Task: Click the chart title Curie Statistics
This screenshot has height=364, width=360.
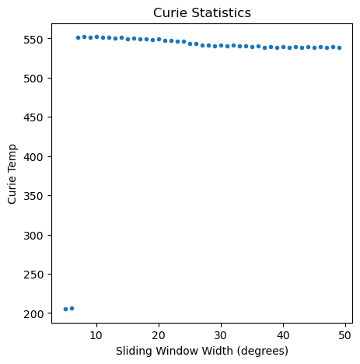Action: pyautogui.click(x=202, y=12)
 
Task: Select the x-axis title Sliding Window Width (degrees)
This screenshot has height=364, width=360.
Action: pyautogui.click(x=202, y=351)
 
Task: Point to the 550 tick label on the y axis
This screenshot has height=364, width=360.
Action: pyautogui.click(x=33, y=40)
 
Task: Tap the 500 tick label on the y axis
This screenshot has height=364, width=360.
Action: pyautogui.click(x=33, y=79)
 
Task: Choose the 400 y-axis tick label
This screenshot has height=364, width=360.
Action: pyautogui.click(x=33, y=157)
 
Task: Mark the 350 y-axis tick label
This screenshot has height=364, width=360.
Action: pyautogui.click(x=33, y=196)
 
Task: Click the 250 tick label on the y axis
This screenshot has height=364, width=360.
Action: pyautogui.click(x=33, y=275)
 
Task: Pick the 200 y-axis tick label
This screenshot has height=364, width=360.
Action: pyautogui.click(x=33, y=314)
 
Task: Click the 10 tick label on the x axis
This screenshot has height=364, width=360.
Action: pyautogui.click(x=96, y=335)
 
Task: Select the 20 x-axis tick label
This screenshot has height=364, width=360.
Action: pyautogui.click(x=159, y=335)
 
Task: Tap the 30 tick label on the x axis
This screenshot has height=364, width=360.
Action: pyautogui.click(x=221, y=335)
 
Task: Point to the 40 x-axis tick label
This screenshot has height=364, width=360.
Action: pyautogui.click(x=283, y=335)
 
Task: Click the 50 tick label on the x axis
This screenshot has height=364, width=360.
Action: pyautogui.click(x=345, y=335)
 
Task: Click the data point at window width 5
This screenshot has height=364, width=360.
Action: pyautogui.click(x=65, y=309)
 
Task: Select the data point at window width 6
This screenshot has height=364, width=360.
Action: pyautogui.click(x=72, y=308)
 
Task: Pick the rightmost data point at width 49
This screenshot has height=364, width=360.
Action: pyautogui.click(x=339, y=47)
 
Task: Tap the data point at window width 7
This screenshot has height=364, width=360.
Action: pyautogui.click(x=78, y=37)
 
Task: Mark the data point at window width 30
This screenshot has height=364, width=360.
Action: pyautogui.click(x=221, y=45)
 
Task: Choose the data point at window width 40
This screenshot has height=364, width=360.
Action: pyautogui.click(x=283, y=47)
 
